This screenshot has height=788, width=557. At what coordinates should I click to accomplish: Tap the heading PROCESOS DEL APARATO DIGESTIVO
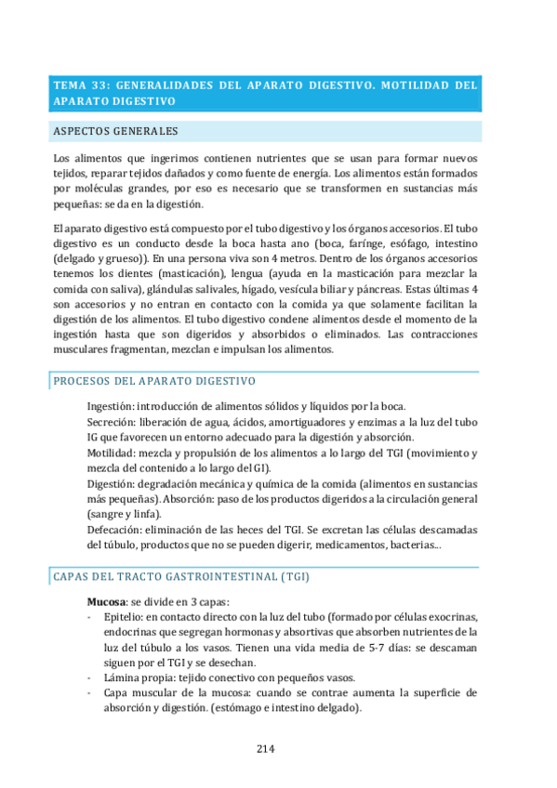(154, 381)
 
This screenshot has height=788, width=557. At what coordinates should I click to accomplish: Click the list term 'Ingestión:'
(111, 406)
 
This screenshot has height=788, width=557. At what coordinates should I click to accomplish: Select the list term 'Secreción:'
(113, 422)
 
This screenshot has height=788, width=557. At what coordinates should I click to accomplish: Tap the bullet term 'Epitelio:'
(122, 618)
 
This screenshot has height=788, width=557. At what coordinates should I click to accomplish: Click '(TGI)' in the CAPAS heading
(291, 577)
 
